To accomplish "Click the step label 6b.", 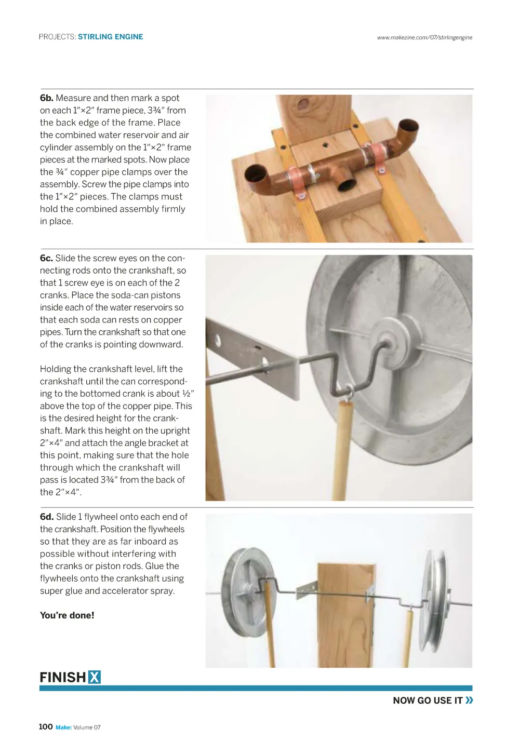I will [x=46, y=98].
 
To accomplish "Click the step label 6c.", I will [x=46, y=258].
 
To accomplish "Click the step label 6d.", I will [x=47, y=517].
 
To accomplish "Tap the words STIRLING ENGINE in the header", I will [x=111, y=37].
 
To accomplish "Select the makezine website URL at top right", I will [x=424, y=37].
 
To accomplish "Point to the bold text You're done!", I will [x=67, y=615].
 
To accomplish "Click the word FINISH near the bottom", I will [x=63, y=677].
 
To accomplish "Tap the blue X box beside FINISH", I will [x=95, y=677].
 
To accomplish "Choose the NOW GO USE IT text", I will [x=428, y=701].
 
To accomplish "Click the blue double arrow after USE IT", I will [x=470, y=700].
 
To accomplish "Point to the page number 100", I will [x=46, y=726].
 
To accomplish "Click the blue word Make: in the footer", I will [x=63, y=728].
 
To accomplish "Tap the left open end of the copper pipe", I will [x=256, y=173].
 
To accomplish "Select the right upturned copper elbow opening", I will [x=408, y=126].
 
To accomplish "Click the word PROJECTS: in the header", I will [x=57, y=37].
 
